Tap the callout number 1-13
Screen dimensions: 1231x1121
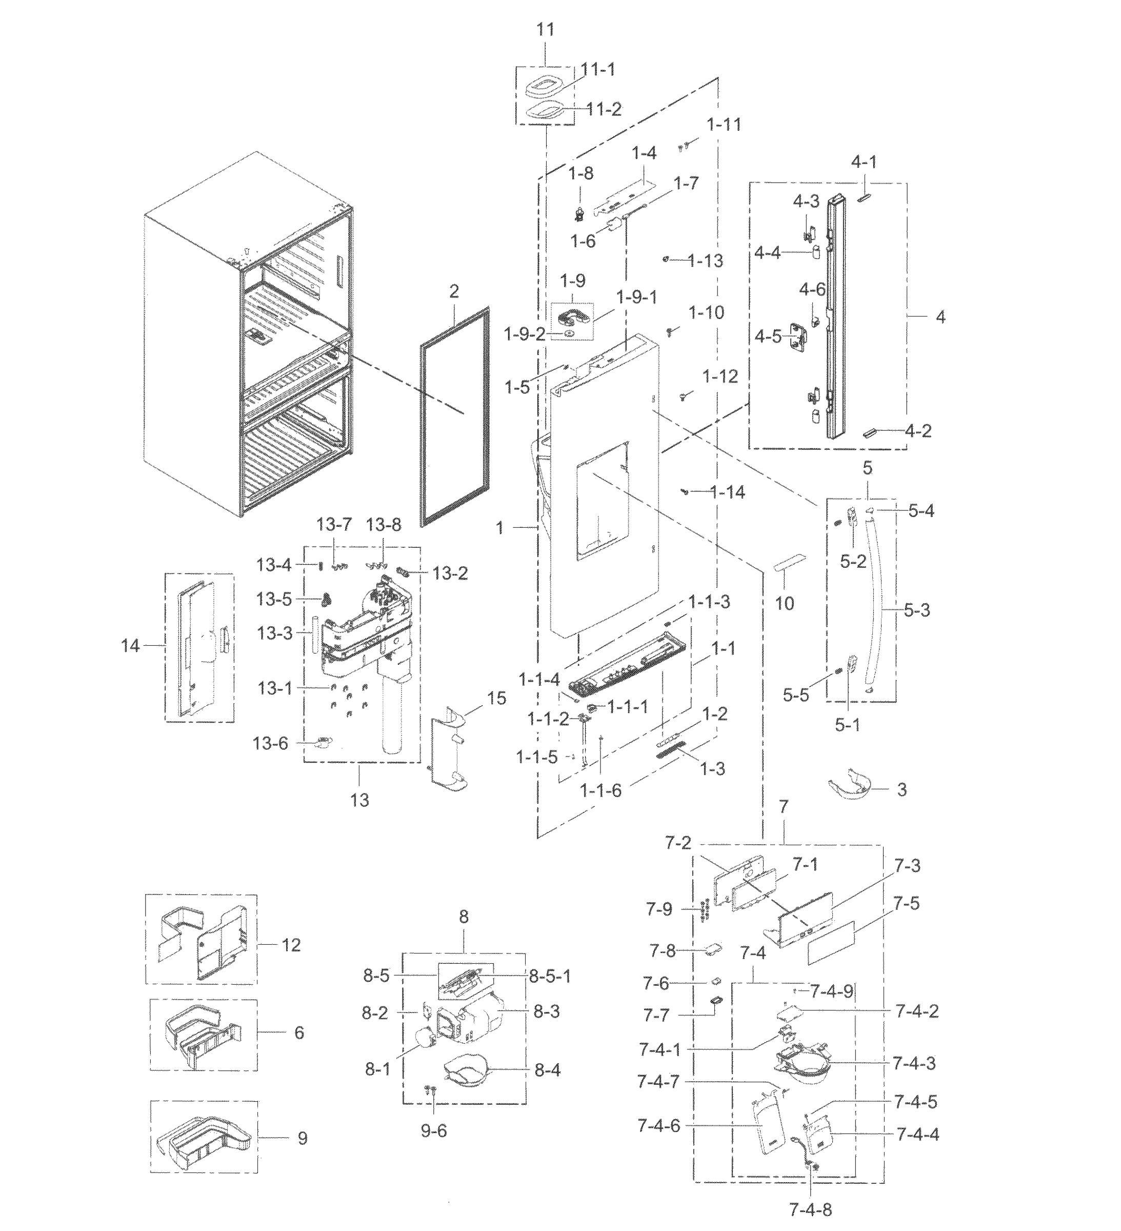click(705, 261)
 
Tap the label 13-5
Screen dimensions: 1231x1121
click(274, 599)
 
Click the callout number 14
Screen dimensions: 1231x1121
click(130, 645)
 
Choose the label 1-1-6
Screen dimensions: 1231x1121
click(600, 791)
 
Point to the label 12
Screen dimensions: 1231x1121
click(291, 945)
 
